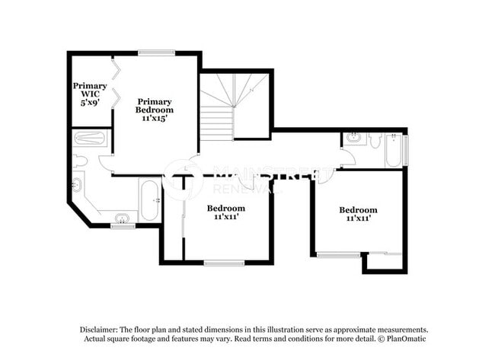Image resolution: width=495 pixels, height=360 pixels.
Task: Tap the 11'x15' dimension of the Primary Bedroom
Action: coord(155,118)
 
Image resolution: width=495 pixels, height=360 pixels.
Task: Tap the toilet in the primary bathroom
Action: coord(81,161)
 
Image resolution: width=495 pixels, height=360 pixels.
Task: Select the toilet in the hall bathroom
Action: coord(375,140)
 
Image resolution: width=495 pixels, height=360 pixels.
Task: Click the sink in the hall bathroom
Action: coord(353,139)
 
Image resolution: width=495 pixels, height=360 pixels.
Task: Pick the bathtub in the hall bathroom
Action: coord(392,150)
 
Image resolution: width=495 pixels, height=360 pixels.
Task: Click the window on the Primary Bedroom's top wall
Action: coord(157,53)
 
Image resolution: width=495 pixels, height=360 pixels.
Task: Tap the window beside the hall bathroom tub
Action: coord(405,149)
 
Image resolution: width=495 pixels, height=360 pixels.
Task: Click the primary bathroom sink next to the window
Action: coord(122,219)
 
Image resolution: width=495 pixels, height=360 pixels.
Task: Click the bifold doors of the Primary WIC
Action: coord(116,84)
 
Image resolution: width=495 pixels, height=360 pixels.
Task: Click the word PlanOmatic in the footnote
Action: coord(410,338)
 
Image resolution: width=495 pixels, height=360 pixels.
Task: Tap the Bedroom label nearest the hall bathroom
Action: coord(358,210)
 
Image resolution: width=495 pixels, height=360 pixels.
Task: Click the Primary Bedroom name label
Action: coord(155,105)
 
